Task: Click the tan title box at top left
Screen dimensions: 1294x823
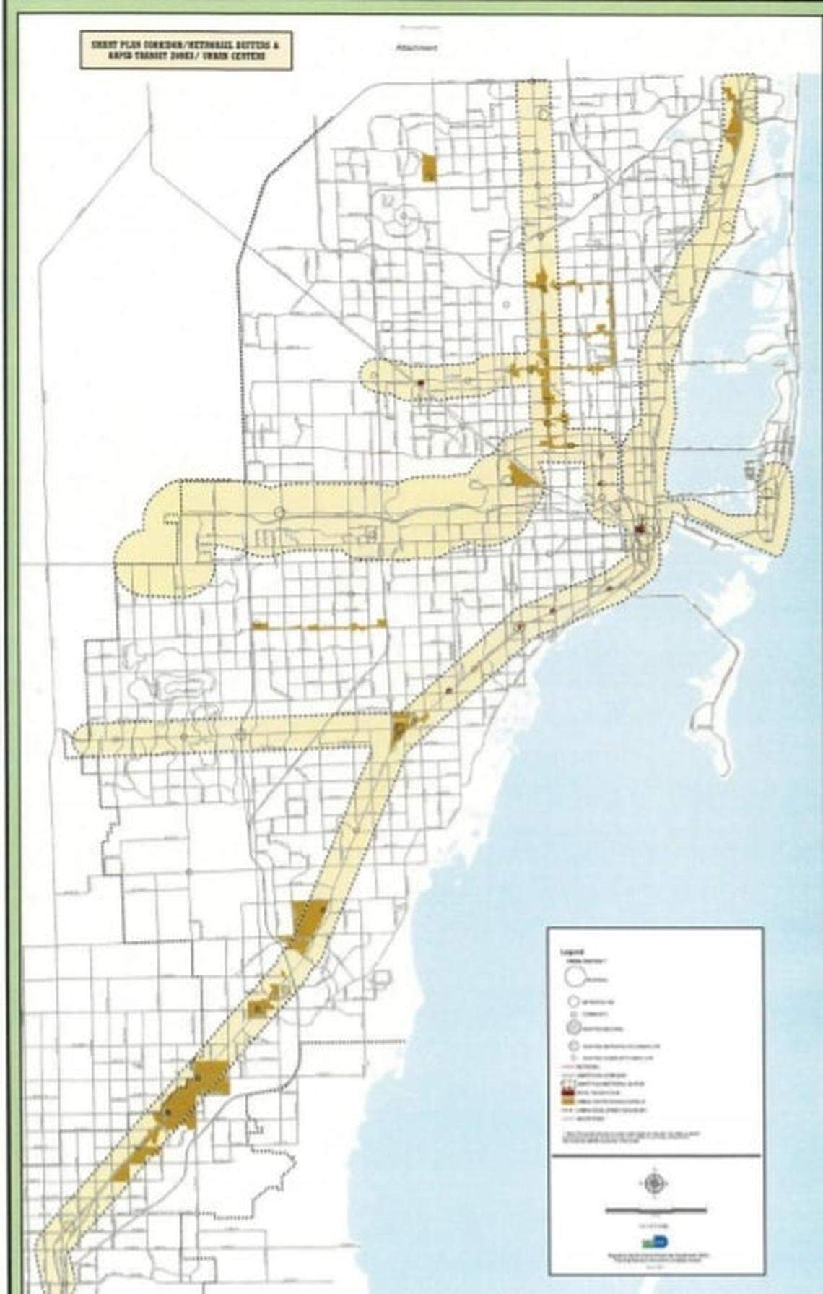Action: [x=186, y=50]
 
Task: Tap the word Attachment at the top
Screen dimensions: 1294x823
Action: [x=417, y=47]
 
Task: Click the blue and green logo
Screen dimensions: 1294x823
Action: [x=655, y=1241]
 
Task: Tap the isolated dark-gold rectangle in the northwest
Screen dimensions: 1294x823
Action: [x=430, y=168]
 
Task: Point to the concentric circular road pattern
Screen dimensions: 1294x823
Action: [x=401, y=215]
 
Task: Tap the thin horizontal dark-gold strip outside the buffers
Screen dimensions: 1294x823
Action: [x=318, y=626]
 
